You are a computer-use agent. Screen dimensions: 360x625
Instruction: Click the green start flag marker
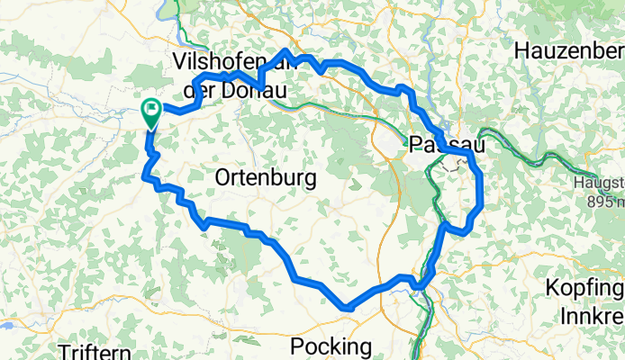[x=151, y=112]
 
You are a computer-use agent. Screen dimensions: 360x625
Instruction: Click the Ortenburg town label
[x=266, y=178]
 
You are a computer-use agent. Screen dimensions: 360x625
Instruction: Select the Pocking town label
[x=331, y=346]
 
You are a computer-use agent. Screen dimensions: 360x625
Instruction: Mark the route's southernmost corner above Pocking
[x=347, y=309]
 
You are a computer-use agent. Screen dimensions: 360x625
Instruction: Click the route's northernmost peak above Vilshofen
[x=286, y=51]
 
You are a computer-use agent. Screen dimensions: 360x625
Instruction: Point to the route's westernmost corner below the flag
[x=144, y=176]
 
